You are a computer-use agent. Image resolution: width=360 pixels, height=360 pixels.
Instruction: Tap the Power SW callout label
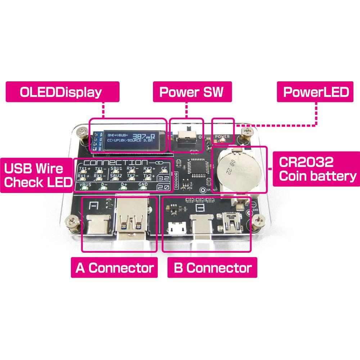[x=191, y=92]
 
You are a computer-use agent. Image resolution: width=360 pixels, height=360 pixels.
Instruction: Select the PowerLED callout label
[x=316, y=92]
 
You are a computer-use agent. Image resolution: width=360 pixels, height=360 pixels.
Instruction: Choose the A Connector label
[x=114, y=268]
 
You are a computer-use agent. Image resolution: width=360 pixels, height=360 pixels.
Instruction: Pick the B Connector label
[x=212, y=268]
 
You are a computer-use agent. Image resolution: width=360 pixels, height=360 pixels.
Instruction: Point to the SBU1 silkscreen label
[x=116, y=168]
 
